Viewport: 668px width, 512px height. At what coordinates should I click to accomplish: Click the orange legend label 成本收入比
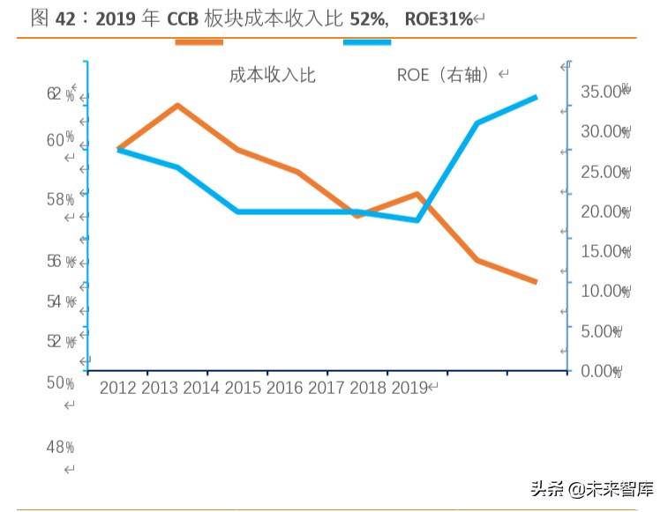pyautogui.click(x=272, y=75)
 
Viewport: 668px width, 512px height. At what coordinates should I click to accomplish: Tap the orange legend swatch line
pyautogui.click(x=199, y=42)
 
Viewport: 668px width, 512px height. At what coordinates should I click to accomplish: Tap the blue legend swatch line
pyautogui.click(x=366, y=42)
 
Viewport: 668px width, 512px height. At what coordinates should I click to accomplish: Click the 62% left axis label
pyautogui.click(x=60, y=94)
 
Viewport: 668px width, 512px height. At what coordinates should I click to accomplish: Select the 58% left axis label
pyautogui.click(x=60, y=199)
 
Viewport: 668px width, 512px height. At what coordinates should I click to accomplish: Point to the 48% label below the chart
pyautogui.click(x=60, y=448)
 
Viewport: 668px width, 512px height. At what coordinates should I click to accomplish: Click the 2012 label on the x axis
pyautogui.click(x=118, y=388)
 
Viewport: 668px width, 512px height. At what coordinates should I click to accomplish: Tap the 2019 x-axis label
pyautogui.click(x=409, y=388)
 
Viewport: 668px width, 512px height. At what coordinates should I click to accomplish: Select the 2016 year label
pyautogui.click(x=284, y=388)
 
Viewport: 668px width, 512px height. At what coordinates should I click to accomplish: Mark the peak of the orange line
pyautogui.click(x=178, y=106)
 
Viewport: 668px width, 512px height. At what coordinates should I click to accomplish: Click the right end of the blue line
pyautogui.click(x=536, y=97)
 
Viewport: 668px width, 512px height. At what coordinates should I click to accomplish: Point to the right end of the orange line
pyautogui.click(x=536, y=282)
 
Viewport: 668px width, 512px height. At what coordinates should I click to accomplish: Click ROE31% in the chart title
pyautogui.click(x=439, y=19)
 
